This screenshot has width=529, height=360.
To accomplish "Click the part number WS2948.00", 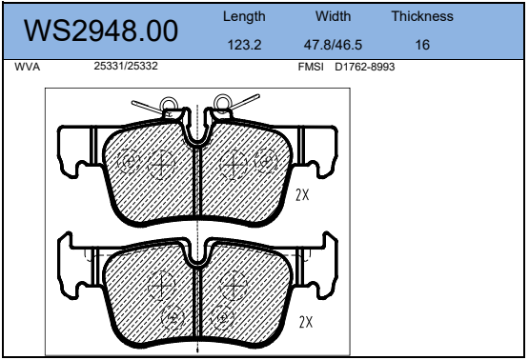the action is (x=101, y=30).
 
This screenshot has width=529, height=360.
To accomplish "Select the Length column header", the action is (x=244, y=17).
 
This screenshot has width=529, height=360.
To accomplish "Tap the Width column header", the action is (x=333, y=16).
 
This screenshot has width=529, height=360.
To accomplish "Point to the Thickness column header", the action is (x=422, y=16).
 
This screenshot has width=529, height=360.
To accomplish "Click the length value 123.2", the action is (x=244, y=45).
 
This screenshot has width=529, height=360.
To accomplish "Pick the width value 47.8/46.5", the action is (x=333, y=45).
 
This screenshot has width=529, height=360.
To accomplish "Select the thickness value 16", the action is (x=422, y=45).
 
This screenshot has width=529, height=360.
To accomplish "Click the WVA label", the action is (x=28, y=67).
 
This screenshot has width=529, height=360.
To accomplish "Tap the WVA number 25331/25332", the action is (x=126, y=66).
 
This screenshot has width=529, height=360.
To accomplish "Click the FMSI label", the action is (x=311, y=67).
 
